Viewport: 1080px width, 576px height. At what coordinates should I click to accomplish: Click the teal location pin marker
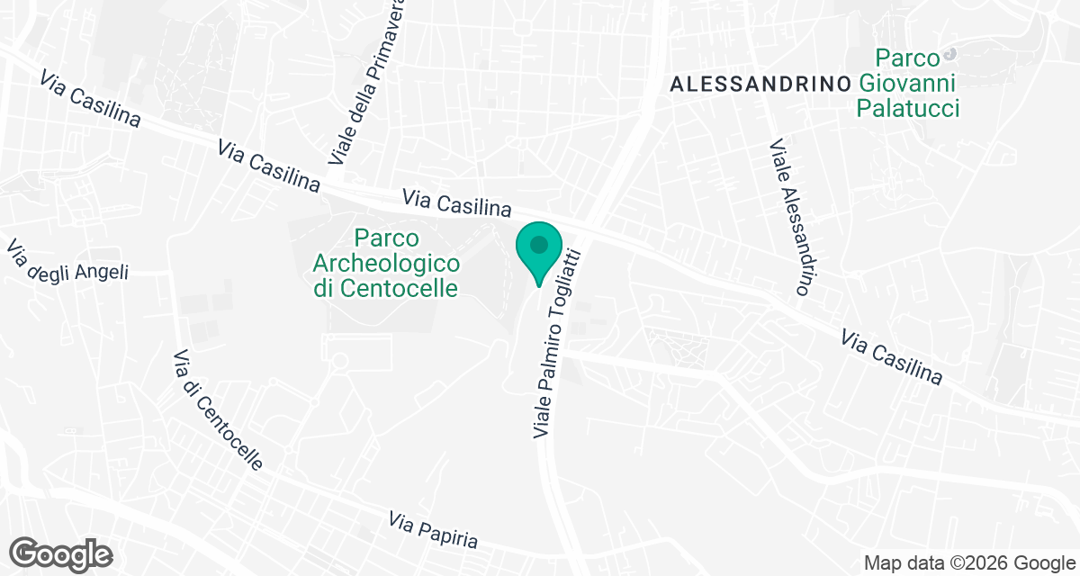(x=539, y=251)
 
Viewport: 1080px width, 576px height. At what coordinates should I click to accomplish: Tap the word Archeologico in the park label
(x=386, y=264)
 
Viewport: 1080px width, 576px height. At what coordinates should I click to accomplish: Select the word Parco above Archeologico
(x=387, y=238)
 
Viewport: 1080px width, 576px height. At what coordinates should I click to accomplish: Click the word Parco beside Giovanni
(x=909, y=59)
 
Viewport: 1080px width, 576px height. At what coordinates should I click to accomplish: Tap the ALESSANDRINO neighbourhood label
(x=761, y=84)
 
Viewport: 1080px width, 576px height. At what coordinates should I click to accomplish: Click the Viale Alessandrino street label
(x=792, y=218)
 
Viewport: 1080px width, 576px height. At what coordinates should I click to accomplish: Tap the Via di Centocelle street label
(x=218, y=409)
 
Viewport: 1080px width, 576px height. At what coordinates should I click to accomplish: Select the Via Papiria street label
(x=433, y=531)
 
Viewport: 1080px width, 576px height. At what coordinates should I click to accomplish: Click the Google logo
(x=61, y=553)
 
